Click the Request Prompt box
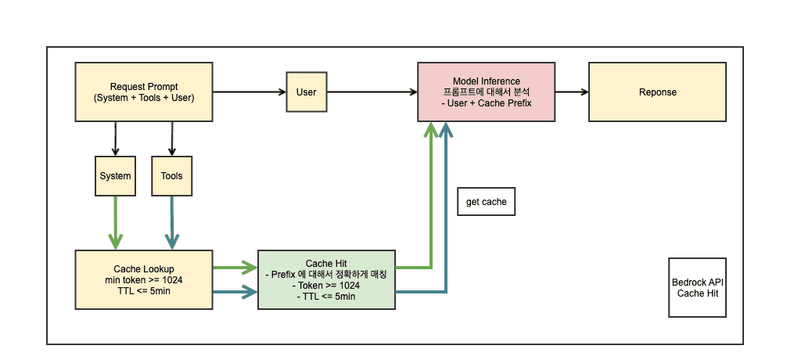pos(143,92)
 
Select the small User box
pos(306,92)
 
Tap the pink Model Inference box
pos(486,92)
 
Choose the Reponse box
pos(657,92)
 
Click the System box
pos(115,176)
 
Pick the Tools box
pos(171,176)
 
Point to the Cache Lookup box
pos(143,279)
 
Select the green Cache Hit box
pos(328,280)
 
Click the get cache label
pos(486,202)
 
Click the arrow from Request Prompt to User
pos(250,92)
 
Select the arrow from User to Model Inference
pos(371,92)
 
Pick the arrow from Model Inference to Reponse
pos(571,92)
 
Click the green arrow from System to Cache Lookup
pos(115,222)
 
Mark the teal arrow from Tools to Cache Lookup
pos(171,222)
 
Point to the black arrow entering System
pos(115,139)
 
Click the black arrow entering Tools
pos(171,139)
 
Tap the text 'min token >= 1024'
pos(143,280)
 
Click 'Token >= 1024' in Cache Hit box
pos(328,286)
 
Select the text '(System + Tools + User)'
pos(143,98)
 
